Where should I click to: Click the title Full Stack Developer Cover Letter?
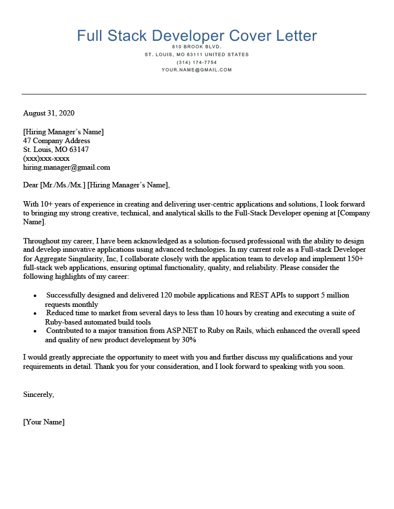click(x=197, y=36)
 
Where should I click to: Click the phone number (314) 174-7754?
click(x=197, y=62)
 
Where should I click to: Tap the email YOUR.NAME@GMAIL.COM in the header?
click(x=197, y=70)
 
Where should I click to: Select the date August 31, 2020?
click(x=49, y=113)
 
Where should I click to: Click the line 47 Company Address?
click(x=57, y=141)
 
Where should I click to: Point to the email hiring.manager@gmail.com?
click(x=66, y=167)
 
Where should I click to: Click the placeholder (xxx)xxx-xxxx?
click(x=46, y=158)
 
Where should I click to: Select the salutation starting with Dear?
click(x=96, y=185)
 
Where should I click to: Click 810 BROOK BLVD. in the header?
click(x=197, y=47)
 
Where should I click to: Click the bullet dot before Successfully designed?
click(x=35, y=296)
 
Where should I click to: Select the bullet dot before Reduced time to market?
click(x=35, y=313)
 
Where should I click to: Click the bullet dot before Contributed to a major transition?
click(x=35, y=331)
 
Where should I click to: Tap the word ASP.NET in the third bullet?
click(x=194, y=330)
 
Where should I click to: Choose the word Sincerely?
click(x=38, y=394)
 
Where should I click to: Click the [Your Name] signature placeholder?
click(x=44, y=422)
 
